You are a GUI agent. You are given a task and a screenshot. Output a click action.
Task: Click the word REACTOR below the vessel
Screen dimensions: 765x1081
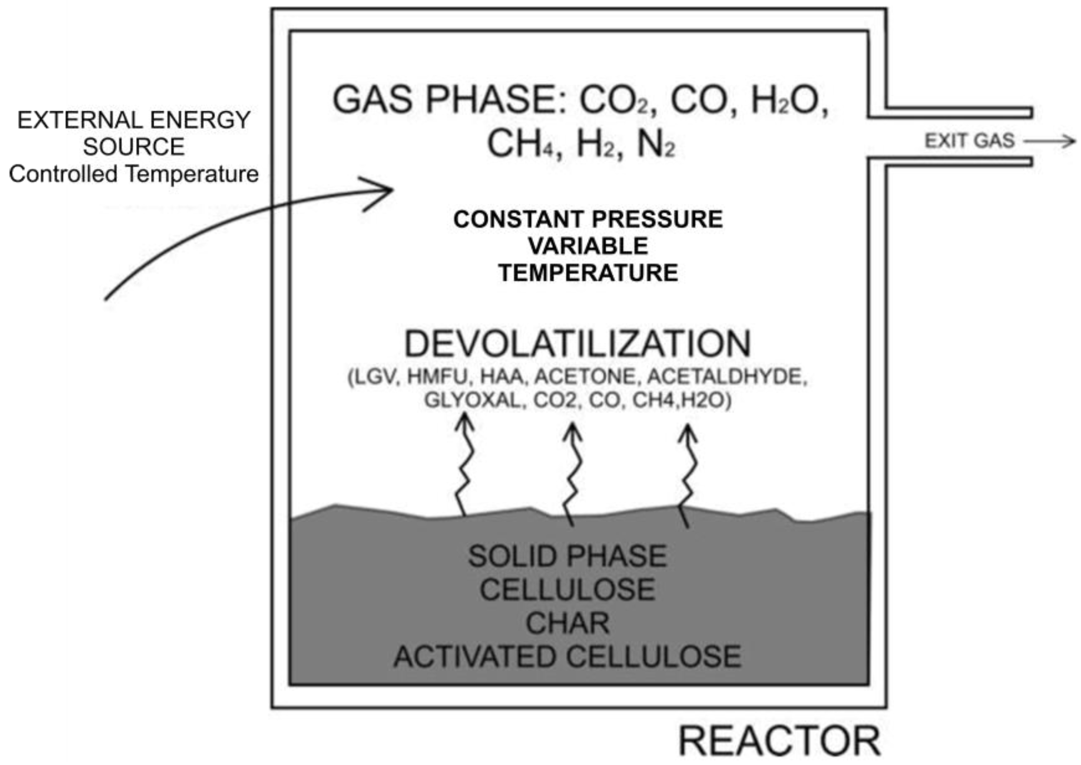pyautogui.click(x=779, y=742)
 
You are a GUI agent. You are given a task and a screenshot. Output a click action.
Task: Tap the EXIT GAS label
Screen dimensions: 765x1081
pyautogui.click(x=969, y=141)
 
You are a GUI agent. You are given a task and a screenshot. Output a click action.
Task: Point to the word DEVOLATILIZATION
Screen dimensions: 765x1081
pyautogui.click(x=578, y=344)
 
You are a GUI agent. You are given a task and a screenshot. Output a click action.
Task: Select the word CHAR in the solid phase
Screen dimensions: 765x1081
pyautogui.click(x=567, y=623)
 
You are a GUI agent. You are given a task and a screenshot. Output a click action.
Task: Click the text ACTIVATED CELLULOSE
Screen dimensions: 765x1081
pyautogui.click(x=567, y=657)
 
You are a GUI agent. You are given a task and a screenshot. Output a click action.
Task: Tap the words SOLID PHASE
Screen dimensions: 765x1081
pyautogui.click(x=567, y=556)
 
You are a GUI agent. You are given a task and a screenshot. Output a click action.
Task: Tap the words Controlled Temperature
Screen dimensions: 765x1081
pyautogui.click(x=134, y=174)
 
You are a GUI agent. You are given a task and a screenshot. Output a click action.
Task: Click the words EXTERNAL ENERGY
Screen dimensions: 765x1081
pyautogui.click(x=134, y=120)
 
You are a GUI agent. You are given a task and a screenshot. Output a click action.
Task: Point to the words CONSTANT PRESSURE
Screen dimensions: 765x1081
pyautogui.click(x=588, y=220)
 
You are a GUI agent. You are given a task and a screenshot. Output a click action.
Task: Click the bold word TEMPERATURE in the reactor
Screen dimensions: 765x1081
pyautogui.click(x=588, y=273)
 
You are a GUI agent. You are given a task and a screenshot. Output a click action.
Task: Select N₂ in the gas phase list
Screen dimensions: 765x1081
pyautogui.click(x=655, y=145)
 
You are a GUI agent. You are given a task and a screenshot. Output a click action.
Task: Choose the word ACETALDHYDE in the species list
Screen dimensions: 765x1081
pyautogui.click(x=726, y=377)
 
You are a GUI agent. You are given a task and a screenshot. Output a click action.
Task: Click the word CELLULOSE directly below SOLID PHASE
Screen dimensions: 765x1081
pyautogui.click(x=567, y=589)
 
